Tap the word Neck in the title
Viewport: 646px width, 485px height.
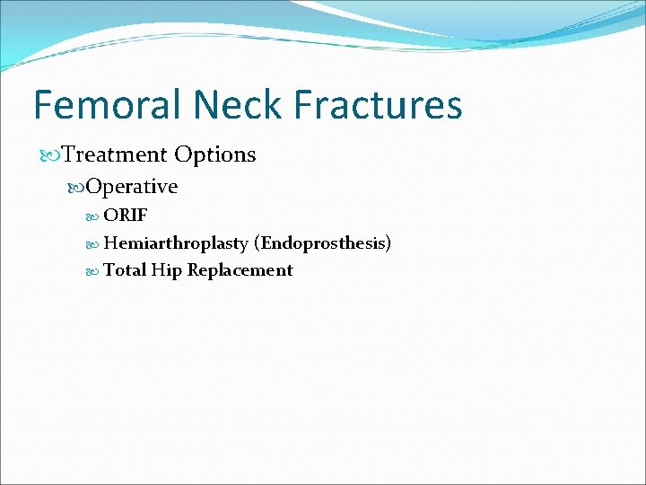237,105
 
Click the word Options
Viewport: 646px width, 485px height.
215,154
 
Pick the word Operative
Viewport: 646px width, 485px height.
132,187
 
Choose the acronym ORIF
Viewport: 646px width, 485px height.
126,216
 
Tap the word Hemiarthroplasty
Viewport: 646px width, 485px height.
176,243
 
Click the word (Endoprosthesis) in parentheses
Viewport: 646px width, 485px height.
322,243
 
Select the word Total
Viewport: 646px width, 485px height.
125,270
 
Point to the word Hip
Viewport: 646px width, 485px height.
166,271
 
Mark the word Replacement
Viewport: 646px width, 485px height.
240,271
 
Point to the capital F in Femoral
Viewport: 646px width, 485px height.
44,105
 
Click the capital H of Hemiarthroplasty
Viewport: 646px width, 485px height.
110,243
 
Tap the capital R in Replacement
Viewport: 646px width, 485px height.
193,270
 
